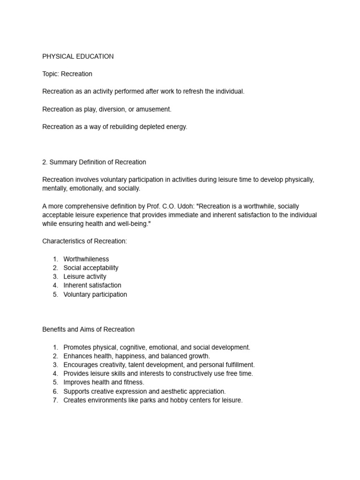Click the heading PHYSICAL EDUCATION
[78, 56]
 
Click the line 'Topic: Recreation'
[67, 74]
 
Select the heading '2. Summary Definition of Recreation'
[94, 162]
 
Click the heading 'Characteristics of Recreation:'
[84, 241]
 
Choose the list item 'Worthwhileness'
[86, 259]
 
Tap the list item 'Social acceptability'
[90, 268]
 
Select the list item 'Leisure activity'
[84, 277]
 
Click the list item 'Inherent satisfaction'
[92, 285]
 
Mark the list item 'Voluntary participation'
[95, 294]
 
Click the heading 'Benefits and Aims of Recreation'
[88, 330]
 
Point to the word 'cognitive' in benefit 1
[133, 347]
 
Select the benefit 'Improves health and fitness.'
[104, 382]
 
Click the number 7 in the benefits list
[55, 400]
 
